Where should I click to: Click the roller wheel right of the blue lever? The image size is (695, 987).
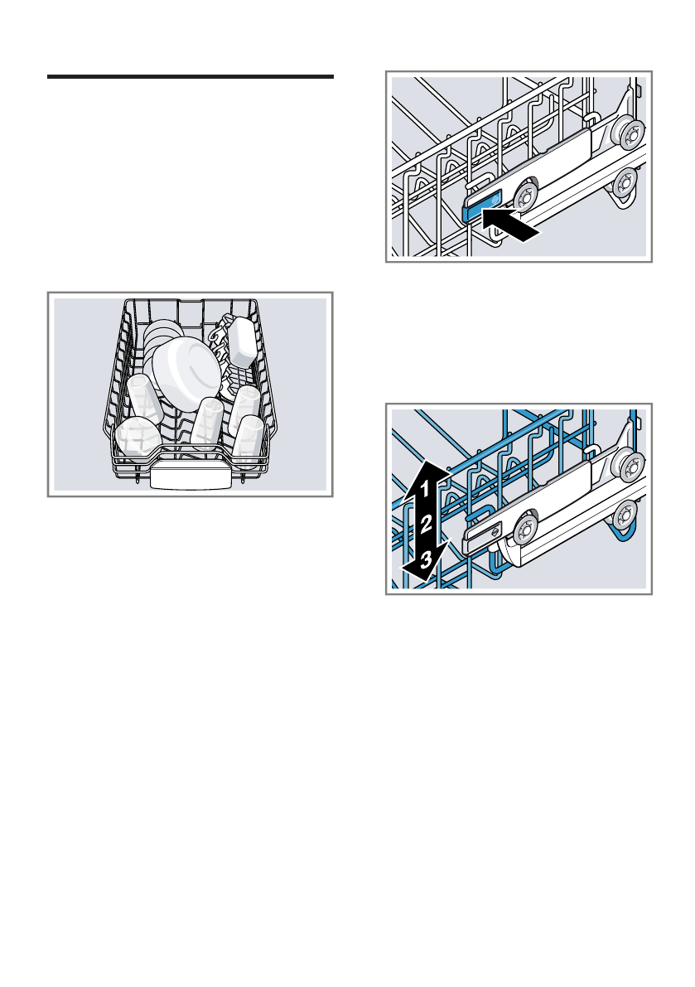click(524, 197)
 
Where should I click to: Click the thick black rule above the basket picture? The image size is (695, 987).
click(190, 76)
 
